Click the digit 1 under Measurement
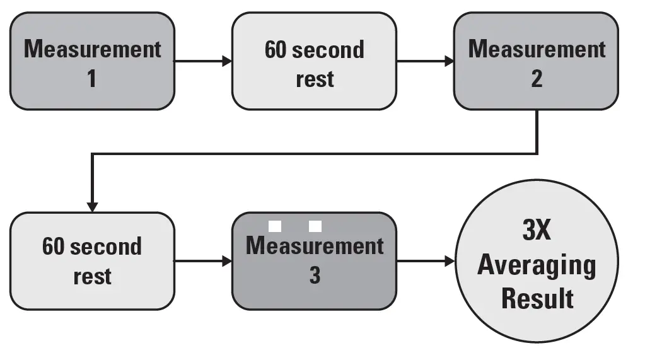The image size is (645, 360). point(92,79)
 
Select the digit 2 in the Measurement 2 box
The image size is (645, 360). point(537,79)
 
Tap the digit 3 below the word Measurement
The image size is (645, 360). point(314,276)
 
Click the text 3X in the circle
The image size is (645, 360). point(537,231)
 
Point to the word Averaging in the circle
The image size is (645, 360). point(537,265)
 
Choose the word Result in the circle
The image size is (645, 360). point(537,298)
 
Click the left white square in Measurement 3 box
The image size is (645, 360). point(275,226)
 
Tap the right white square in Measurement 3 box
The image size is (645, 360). point(315,226)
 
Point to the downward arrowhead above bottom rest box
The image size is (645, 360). point(92,206)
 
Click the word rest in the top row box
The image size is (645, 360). point(315,79)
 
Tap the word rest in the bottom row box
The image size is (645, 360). point(92,276)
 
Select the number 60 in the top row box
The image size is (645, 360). point(276,49)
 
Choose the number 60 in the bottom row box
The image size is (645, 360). point(54,246)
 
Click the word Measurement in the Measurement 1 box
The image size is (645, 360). point(92,49)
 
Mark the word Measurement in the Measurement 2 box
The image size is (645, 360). point(537,49)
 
